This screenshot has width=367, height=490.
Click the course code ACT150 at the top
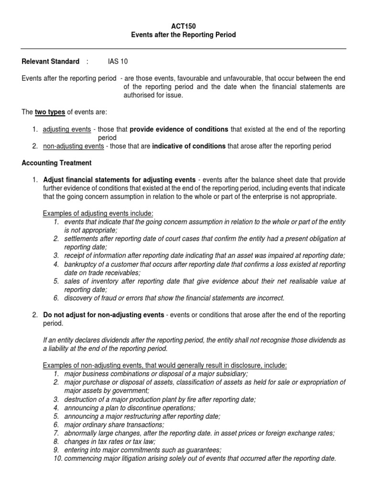point(183,27)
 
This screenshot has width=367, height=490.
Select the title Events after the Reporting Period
point(183,35)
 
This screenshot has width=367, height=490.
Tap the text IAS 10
point(118,62)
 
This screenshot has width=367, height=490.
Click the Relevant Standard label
point(51,62)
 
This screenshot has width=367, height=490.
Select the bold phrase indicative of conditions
point(189,146)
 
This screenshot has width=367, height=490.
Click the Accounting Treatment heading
point(56,163)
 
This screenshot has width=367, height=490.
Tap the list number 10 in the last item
point(57,458)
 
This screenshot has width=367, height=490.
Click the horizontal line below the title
point(183,48)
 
